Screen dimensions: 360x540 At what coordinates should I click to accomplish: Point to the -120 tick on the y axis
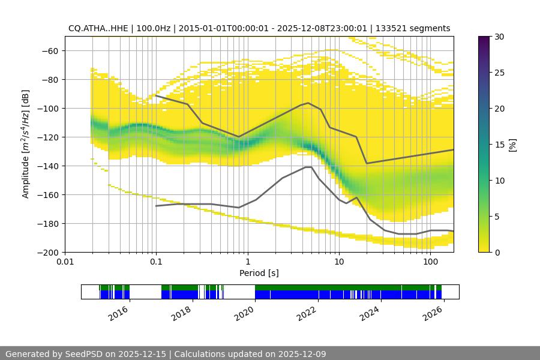point(49,137)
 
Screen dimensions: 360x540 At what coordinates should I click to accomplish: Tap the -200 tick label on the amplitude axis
point(49,252)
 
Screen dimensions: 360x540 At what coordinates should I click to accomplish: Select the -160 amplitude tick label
point(49,194)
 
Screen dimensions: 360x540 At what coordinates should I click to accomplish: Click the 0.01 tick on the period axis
point(65,262)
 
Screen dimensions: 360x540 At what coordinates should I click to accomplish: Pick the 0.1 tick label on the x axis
point(156,262)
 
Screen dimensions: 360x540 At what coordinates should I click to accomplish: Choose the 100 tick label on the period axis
point(430,262)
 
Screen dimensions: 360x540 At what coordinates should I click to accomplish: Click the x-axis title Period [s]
point(259,273)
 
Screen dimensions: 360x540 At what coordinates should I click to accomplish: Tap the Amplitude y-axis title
point(26,144)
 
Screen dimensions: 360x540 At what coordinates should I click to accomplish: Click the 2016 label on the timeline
point(119,313)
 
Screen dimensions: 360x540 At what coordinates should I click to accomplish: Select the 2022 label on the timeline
point(307,313)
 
